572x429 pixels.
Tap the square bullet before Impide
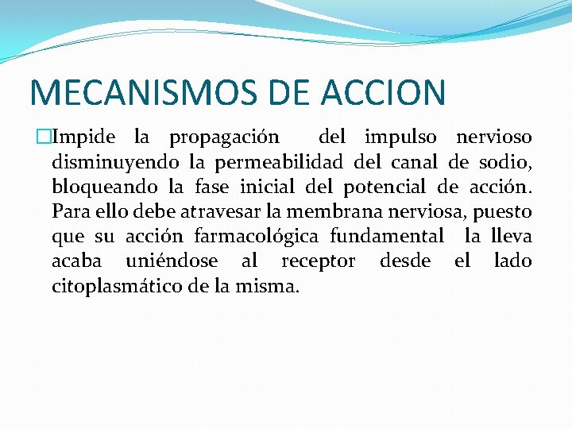click(x=41, y=138)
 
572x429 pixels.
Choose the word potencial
click(x=387, y=187)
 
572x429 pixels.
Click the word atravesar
click(x=214, y=212)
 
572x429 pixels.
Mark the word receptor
click(x=318, y=261)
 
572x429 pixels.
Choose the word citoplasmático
click(x=118, y=286)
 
